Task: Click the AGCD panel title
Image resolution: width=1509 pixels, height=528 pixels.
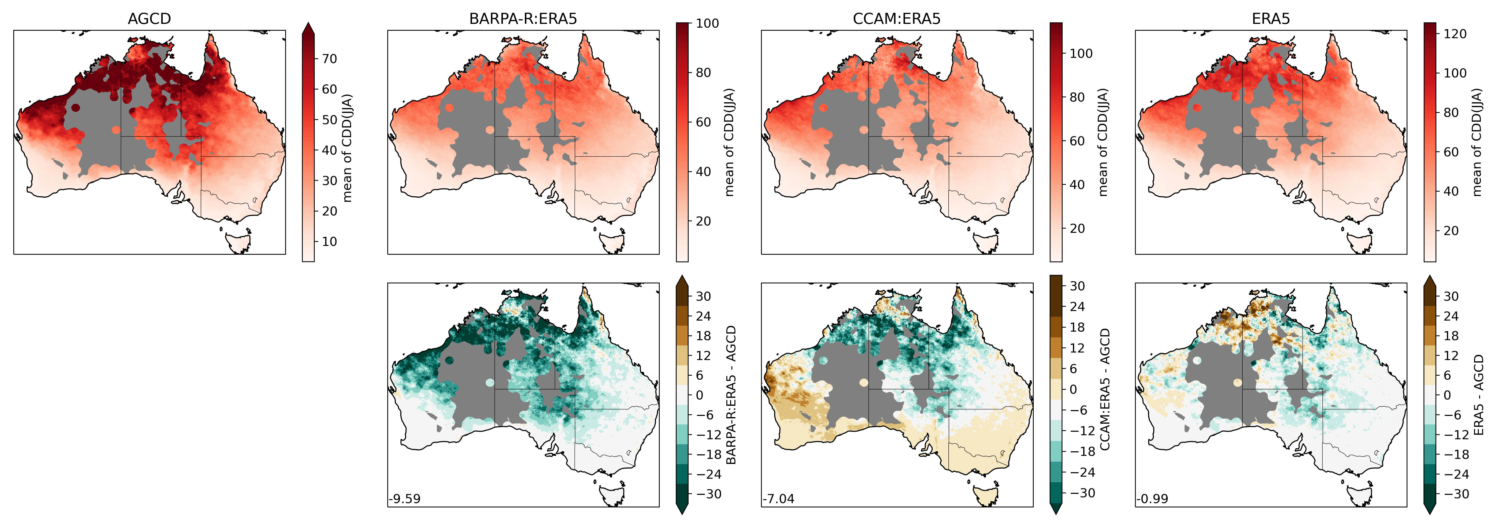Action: [x=149, y=19]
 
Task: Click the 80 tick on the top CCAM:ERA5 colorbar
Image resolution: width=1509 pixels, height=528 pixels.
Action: [x=1077, y=97]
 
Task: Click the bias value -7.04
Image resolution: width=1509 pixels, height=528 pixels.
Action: [x=778, y=499]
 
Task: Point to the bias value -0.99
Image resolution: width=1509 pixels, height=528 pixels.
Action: [x=1152, y=499]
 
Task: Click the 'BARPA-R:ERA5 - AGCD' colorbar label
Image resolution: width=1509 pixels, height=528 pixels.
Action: [x=731, y=395]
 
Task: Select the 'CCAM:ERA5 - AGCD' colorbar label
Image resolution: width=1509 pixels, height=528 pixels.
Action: [x=1105, y=389]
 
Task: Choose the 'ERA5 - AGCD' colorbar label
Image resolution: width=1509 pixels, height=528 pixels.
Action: [x=1479, y=395]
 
